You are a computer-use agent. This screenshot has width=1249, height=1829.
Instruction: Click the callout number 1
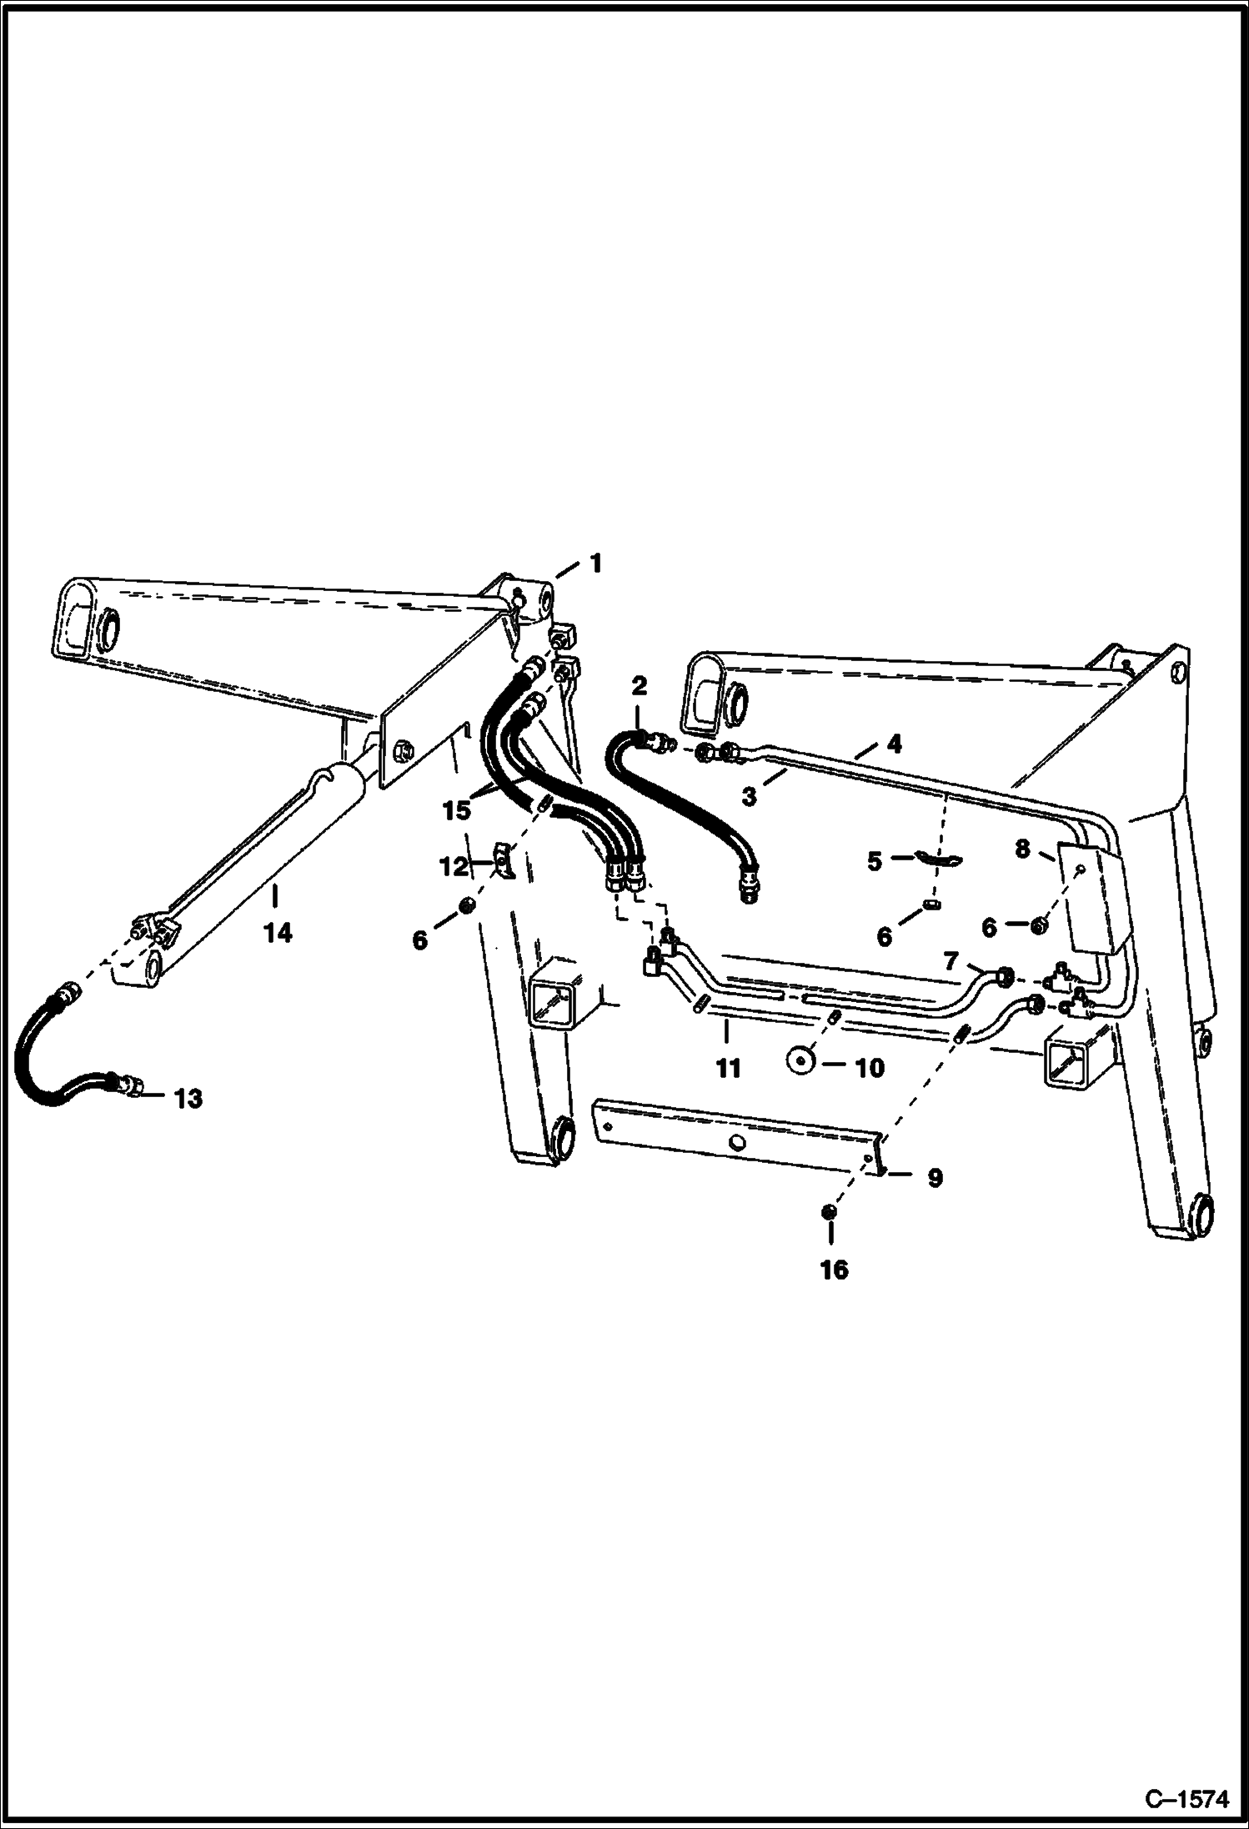[595, 564]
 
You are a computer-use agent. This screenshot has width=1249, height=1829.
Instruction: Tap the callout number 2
[639, 686]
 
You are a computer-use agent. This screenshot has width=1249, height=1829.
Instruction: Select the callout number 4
[894, 744]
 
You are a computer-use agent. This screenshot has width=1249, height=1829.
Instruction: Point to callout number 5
[874, 861]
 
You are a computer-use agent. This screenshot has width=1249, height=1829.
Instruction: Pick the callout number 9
[935, 1178]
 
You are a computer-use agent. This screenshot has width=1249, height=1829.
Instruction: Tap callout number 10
[869, 1067]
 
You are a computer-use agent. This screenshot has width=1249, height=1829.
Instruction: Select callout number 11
[728, 1068]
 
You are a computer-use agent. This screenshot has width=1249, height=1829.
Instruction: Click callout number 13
[188, 1099]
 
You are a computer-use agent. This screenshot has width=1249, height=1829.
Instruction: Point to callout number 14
[278, 933]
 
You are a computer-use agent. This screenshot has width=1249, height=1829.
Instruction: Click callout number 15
[458, 809]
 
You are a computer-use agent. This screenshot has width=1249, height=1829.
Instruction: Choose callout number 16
[834, 1270]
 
